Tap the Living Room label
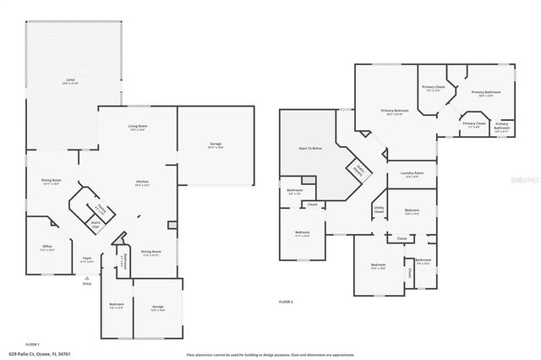[x=138, y=128]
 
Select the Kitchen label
[x=143, y=183]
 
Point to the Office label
[x=47, y=248]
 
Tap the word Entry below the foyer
[x=86, y=283]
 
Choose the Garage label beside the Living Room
[x=216, y=145]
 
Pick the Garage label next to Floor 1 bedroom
[x=157, y=308]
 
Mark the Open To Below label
[x=310, y=149]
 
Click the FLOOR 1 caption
[x=32, y=344]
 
